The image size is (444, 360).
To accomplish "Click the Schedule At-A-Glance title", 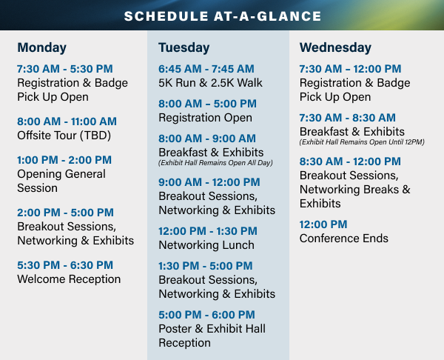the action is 223,16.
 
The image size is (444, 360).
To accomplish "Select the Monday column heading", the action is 42,47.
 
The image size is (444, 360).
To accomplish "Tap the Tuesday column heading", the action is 184,47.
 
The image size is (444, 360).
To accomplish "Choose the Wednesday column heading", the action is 335,47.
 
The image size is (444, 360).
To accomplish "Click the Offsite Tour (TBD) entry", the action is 64,136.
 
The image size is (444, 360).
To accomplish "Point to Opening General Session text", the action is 61,181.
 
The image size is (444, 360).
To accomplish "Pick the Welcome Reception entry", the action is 69,279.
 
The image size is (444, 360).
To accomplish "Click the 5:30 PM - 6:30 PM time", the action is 65,265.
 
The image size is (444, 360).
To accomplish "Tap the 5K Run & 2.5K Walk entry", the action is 210,83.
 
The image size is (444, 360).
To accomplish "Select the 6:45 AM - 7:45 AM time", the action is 206,69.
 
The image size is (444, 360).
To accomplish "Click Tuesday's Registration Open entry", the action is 205,118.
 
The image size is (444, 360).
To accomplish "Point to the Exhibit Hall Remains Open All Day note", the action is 215,163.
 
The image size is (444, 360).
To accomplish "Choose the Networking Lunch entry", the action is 206,245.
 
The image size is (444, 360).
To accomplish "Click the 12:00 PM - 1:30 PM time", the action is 208,231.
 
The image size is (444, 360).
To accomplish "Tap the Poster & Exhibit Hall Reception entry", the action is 212,336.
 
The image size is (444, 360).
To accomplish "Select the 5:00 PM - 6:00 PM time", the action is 206,315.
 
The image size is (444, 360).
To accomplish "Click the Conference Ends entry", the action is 344,239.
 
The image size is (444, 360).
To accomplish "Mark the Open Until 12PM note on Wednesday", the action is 362,142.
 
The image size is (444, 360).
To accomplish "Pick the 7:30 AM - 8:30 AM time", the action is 348,118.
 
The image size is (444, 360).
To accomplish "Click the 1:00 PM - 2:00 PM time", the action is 64,160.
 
